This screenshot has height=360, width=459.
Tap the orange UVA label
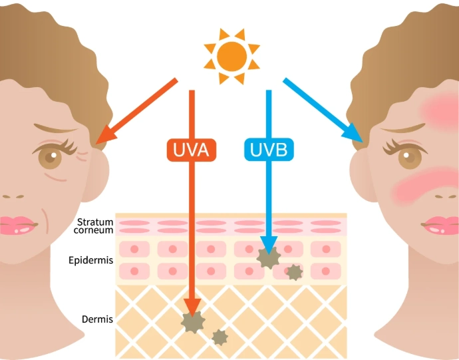tap(192, 150)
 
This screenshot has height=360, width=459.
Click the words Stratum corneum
tap(95, 226)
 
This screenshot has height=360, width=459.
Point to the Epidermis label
tap(90, 260)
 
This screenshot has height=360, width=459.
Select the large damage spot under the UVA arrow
tap(193, 322)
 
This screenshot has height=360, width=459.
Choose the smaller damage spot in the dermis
tap(220, 337)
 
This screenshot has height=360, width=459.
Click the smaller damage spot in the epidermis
tap(294, 271)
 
